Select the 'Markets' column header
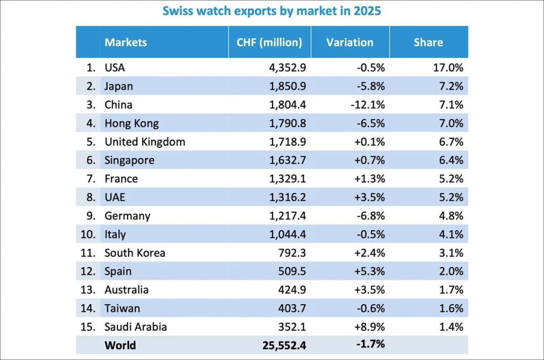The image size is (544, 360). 126,43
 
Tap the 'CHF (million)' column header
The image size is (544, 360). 269,43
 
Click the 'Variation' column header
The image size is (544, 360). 350,43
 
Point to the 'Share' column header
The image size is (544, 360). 428,43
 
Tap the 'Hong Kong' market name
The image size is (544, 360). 131,123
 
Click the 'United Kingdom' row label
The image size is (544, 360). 145,142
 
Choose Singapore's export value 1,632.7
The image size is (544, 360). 287,161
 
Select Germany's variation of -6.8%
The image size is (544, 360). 370,216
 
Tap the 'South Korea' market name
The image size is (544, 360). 135,253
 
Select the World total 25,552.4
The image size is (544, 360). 284,345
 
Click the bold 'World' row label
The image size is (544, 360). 120,345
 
